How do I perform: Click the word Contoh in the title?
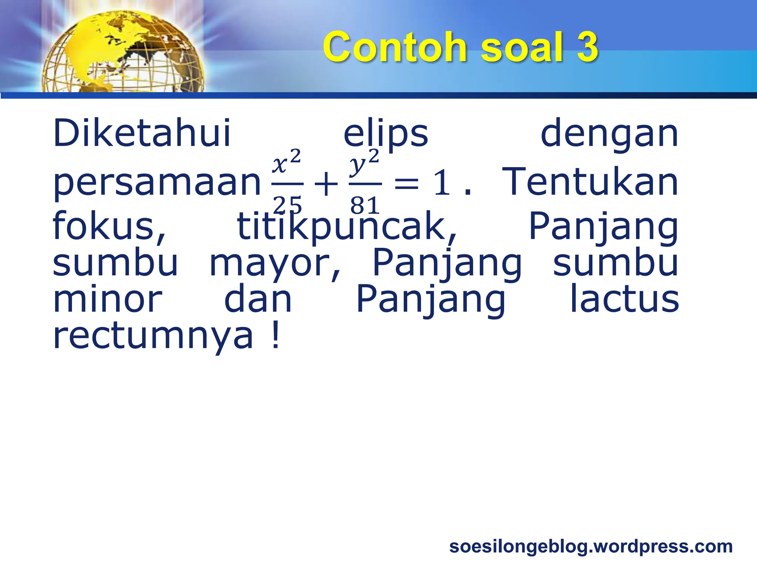click(x=395, y=47)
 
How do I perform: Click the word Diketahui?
click(x=142, y=133)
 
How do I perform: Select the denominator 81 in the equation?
click(x=365, y=205)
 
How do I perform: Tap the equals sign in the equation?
click(x=407, y=184)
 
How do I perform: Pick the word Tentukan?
click(x=590, y=182)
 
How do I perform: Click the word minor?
click(x=108, y=299)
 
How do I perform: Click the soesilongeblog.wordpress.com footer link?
click(x=591, y=547)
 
